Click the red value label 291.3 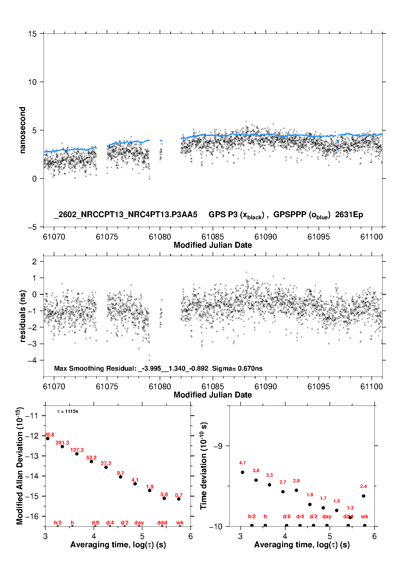coord(62,443)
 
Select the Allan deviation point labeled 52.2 coord(91,461)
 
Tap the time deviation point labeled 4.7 coord(242,472)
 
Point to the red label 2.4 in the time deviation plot coord(363,486)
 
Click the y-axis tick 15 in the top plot coord(32,34)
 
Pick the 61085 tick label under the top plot coord(213,237)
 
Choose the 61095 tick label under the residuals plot coord(319,387)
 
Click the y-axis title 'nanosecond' coord(22,130)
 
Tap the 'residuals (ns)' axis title coord(23,316)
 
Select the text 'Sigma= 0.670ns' coord(237,368)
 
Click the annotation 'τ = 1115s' coord(68,411)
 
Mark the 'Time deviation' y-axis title coord(203,466)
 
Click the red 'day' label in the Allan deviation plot coord(139,523)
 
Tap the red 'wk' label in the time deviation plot coord(365,516)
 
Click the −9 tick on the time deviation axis coord(218,446)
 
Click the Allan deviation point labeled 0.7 coord(179,499)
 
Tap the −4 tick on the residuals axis coord(32,360)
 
